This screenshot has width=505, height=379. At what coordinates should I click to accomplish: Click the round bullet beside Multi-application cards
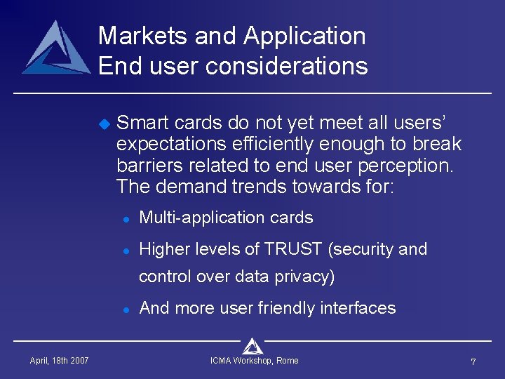[x=124, y=219]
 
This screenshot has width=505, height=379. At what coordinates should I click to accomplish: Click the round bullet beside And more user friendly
[x=124, y=310]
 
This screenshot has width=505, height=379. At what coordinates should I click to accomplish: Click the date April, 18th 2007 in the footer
[x=59, y=361]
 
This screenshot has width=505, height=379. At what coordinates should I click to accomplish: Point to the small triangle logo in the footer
[x=252, y=345]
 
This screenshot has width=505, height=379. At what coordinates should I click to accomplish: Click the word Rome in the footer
[x=287, y=361]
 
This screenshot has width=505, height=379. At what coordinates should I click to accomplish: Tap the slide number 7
[x=473, y=362]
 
